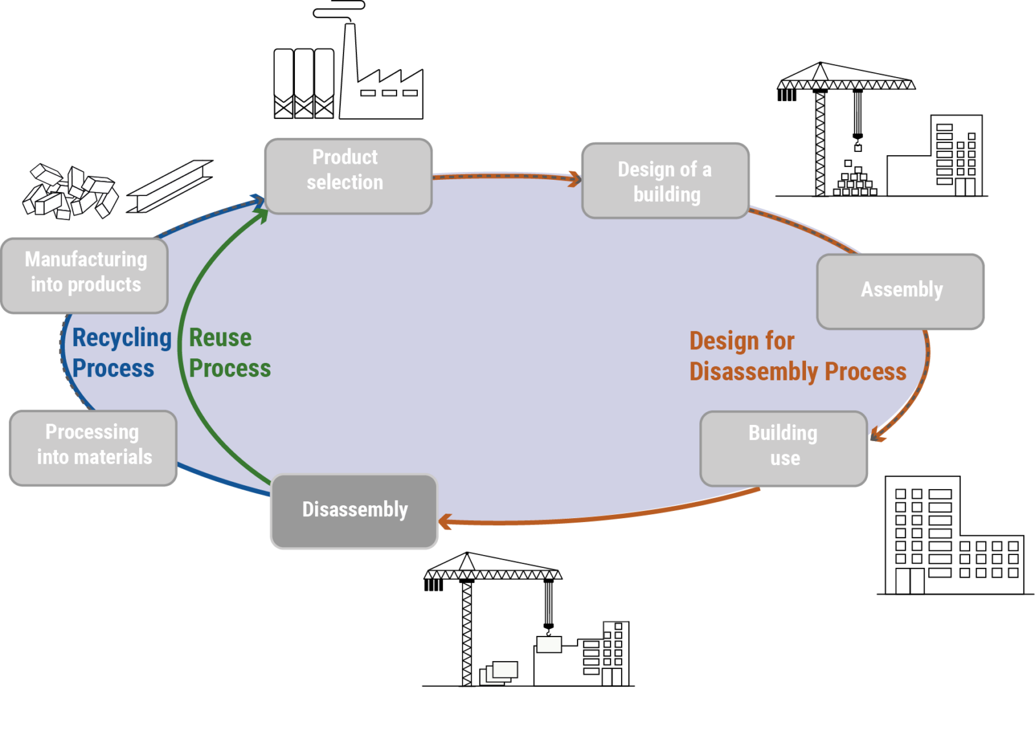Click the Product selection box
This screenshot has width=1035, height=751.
point(348,176)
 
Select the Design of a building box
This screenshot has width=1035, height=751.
point(665,181)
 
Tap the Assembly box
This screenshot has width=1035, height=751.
point(900,291)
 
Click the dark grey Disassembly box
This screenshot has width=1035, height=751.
point(354,511)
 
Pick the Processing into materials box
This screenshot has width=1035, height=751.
point(93,448)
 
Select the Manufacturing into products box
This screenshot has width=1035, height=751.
point(85,276)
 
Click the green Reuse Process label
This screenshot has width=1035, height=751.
point(229,353)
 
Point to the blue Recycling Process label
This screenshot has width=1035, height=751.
point(121,353)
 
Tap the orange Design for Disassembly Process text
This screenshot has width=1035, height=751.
point(797,356)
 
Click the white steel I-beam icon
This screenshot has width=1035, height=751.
point(170,186)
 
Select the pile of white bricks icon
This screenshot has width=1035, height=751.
point(71,192)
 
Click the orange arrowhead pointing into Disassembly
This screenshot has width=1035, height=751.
point(445,521)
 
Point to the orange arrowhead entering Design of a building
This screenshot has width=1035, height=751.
point(573,179)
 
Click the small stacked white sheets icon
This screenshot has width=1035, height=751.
point(498,673)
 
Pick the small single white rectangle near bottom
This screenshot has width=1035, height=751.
point(549,644)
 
